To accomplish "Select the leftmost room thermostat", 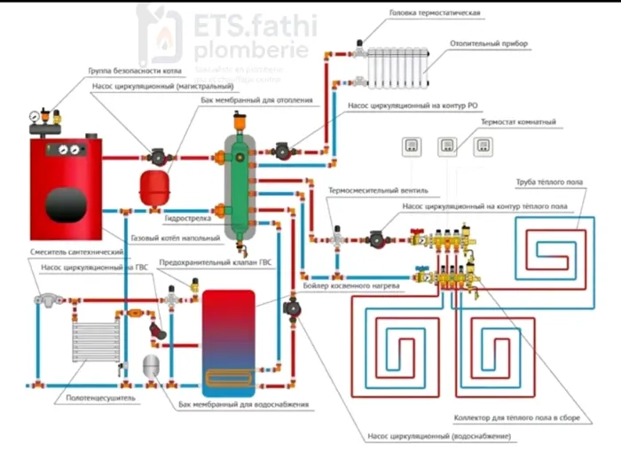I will point(412,146).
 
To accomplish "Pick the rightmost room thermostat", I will point(484,146).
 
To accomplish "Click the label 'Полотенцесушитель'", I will point(101,399).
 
